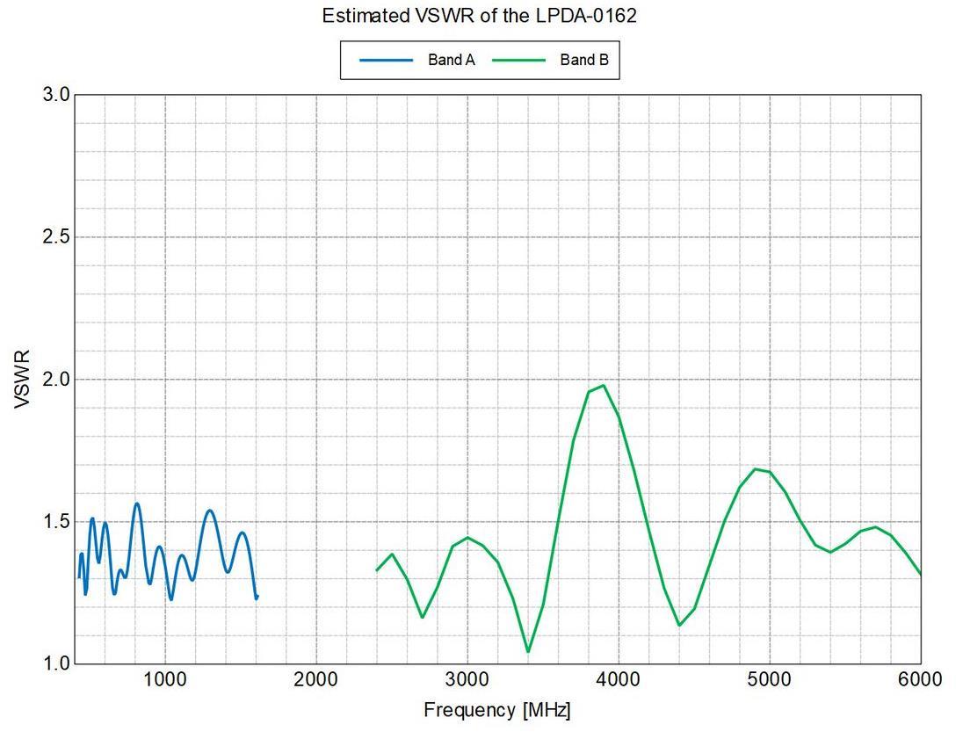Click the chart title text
pos(479,15)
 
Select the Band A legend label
pos(452,60)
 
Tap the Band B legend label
pos(584,60)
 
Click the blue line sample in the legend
pos(387,60)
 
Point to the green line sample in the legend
pos(519,60)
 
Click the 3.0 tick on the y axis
pos(56,95)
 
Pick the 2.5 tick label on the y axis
pos(56,237)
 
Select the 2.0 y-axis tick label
pos(56,380)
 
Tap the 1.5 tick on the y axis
pos(56,521)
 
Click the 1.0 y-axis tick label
pos(56,663)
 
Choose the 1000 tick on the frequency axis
pos(164,679)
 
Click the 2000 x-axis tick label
pos(316,679)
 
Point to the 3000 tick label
pos(467,679)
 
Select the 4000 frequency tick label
pos(619,679)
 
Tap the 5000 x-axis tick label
pos(770,679)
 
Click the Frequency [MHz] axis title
pos(496,711)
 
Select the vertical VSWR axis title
pos(22,379)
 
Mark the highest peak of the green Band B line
pos(604,385)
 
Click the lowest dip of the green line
pos(528,651)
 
